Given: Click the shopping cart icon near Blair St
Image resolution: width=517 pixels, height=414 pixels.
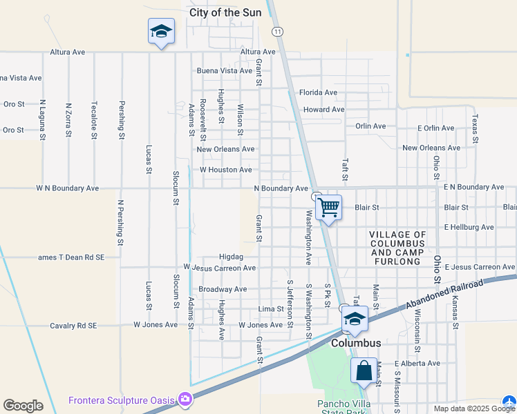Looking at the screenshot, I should pyautogui.click(x=329, y=206).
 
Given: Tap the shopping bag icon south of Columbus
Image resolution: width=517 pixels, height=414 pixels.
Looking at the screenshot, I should pyautogui.click(x=364, y=371).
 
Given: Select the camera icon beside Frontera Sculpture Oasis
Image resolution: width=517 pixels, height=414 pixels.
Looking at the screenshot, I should pyautogui.click(x=185, y=400).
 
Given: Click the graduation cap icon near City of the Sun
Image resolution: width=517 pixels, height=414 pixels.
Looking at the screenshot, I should pyautogui.click(x=161, y=32).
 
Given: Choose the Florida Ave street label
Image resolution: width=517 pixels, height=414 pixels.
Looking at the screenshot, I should pyautogui.click(x=318, y=92).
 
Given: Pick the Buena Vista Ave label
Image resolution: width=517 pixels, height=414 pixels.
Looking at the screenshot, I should pyautogui.click(x=225, y=71).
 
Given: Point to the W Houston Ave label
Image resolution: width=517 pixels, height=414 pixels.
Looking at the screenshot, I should pyautogui.click(x=225, y=170).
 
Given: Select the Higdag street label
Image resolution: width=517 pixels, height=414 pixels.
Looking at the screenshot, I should pyautogui.click(x=231, y=257).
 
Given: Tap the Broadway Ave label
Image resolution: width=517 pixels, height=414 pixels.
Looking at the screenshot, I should pyautogui.click(x=223, y=289).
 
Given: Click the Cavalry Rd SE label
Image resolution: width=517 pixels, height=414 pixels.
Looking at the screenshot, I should pyautogui.click(x=74, y=325).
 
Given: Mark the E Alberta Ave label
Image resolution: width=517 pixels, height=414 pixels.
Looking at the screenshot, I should pyautogui.click(x=417, y=364).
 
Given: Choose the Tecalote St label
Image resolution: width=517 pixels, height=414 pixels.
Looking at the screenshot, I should pyautogui.click(x=94, y=121).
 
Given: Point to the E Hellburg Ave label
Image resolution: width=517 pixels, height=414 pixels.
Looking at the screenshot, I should pyautogui.click(x=469, y=227).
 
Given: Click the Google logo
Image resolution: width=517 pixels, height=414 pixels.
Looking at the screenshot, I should pyautogui.click(x=23, y=405).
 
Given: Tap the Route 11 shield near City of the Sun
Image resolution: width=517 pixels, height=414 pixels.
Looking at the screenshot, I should pyautogui.click(x=277, y=32).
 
